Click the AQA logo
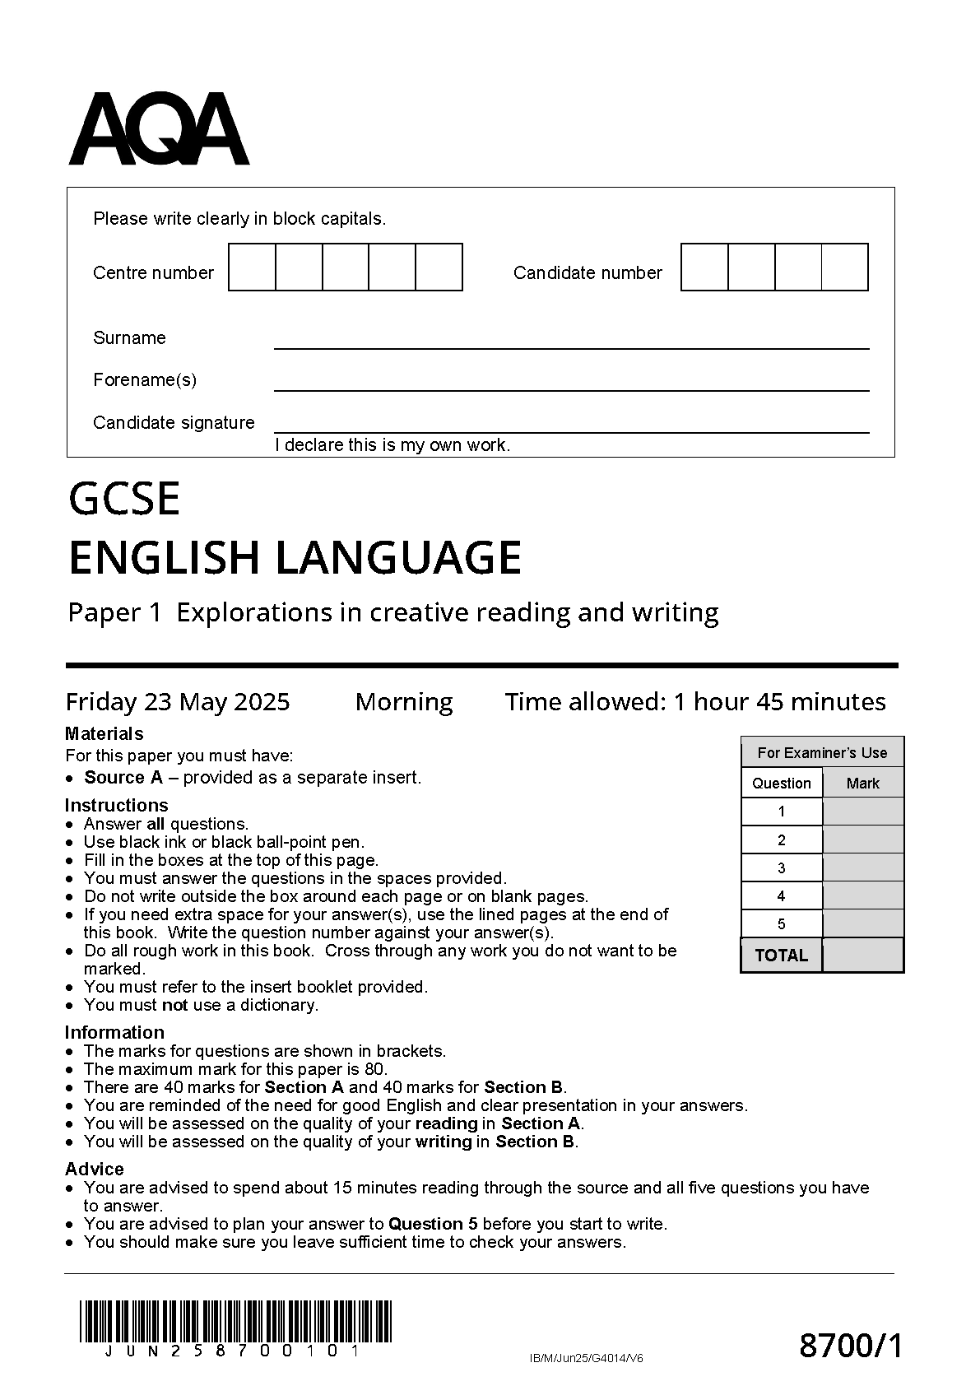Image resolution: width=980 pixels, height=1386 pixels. [159, 130]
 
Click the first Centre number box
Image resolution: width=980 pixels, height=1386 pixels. [252, 267]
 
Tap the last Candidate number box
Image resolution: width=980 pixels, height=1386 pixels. [845, 267]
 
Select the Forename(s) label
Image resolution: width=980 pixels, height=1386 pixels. [145, 379]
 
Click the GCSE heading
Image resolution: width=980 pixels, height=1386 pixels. [124, 499]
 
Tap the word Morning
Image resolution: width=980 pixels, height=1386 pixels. [404, 701]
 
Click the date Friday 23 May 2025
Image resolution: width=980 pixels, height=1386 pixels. [178, 701]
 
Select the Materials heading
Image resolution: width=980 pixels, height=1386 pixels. [104, 733]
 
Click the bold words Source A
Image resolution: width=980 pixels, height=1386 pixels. [123, 777]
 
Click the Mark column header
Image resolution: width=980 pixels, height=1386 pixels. [862, 784]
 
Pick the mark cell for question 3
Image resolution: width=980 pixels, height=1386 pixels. [862, 867]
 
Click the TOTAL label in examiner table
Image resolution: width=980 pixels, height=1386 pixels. [781, 956]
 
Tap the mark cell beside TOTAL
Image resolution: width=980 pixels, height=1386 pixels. [862, 956]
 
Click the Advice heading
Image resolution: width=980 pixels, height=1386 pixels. [95, 1169]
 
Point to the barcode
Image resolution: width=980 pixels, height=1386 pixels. [236, 1322]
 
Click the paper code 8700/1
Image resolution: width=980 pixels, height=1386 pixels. [851, 1346]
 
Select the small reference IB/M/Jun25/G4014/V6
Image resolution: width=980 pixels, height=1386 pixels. [587, 1358]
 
